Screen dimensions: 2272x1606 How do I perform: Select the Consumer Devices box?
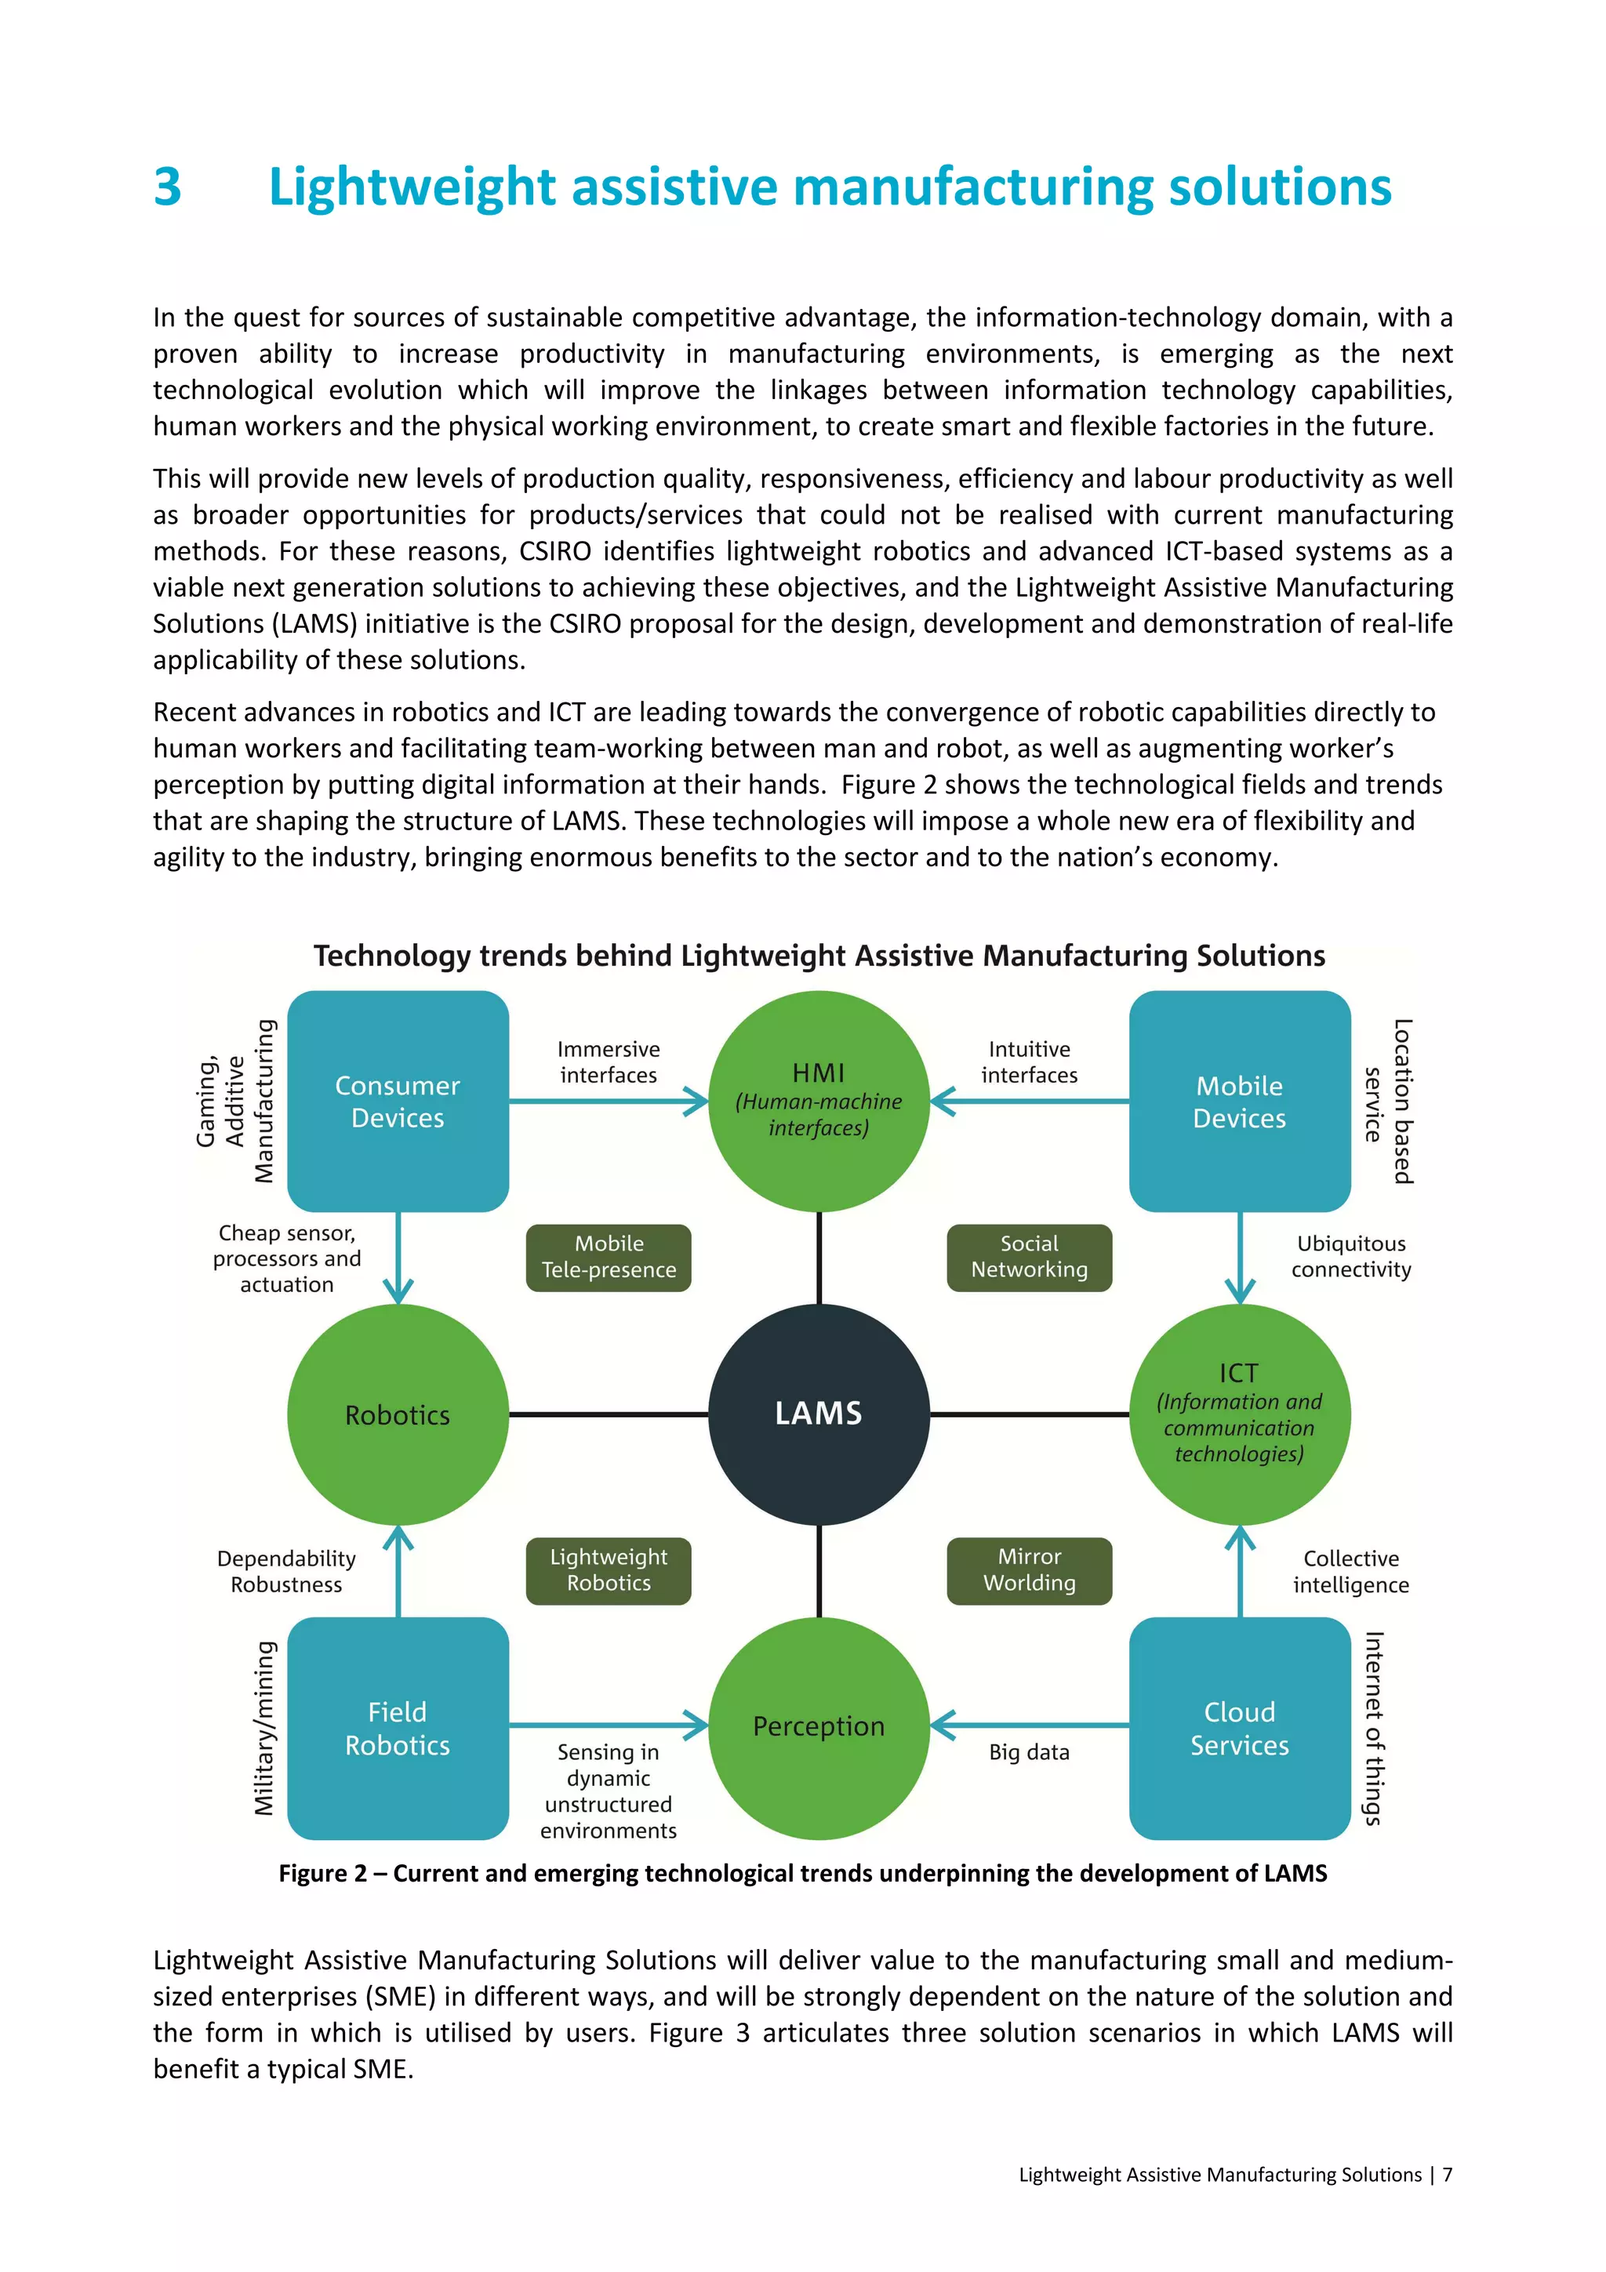coord(398,1102)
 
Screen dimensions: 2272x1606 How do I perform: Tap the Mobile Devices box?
coord(1239,1102)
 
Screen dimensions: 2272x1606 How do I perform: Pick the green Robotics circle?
coord(398,1414)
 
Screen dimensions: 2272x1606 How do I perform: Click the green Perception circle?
coord(819,1727)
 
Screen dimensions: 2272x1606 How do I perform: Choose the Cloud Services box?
coord(1239,1728)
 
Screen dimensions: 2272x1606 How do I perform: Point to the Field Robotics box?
coord(398,1728)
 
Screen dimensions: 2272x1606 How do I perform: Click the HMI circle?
coord(819,1101)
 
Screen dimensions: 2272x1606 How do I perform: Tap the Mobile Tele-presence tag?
coord(609,1257)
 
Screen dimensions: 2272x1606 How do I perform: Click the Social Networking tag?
coord(1029,1257)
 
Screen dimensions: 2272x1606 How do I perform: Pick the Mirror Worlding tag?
coord(1029,1570)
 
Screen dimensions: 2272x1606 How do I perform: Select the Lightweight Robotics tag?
coord(609,1570)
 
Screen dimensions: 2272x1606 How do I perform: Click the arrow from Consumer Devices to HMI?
coord(609,1102)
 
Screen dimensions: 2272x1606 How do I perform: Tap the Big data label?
coord(1029,1751)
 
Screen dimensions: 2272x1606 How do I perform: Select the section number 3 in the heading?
coord(167,187)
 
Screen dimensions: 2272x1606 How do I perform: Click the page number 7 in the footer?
coord(1447,2174)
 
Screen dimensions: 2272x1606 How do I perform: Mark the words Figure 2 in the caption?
coord(322,1873)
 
